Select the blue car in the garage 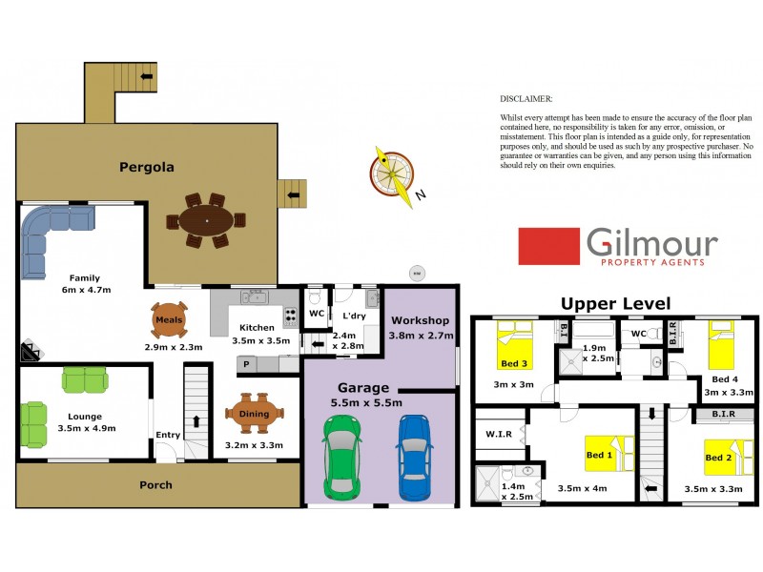click(415, 459)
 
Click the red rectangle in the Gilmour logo click(548, 246)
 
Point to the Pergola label click(146, 167)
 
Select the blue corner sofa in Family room click(48, 235)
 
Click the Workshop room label click(419, 320)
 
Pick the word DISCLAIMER click(526, 98)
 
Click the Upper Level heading click(615, 304)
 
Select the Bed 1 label click(598, 456)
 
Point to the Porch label click(155, 485)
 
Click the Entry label click(168, 436)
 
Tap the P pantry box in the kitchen click(245, 364)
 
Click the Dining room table click(255, 413)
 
